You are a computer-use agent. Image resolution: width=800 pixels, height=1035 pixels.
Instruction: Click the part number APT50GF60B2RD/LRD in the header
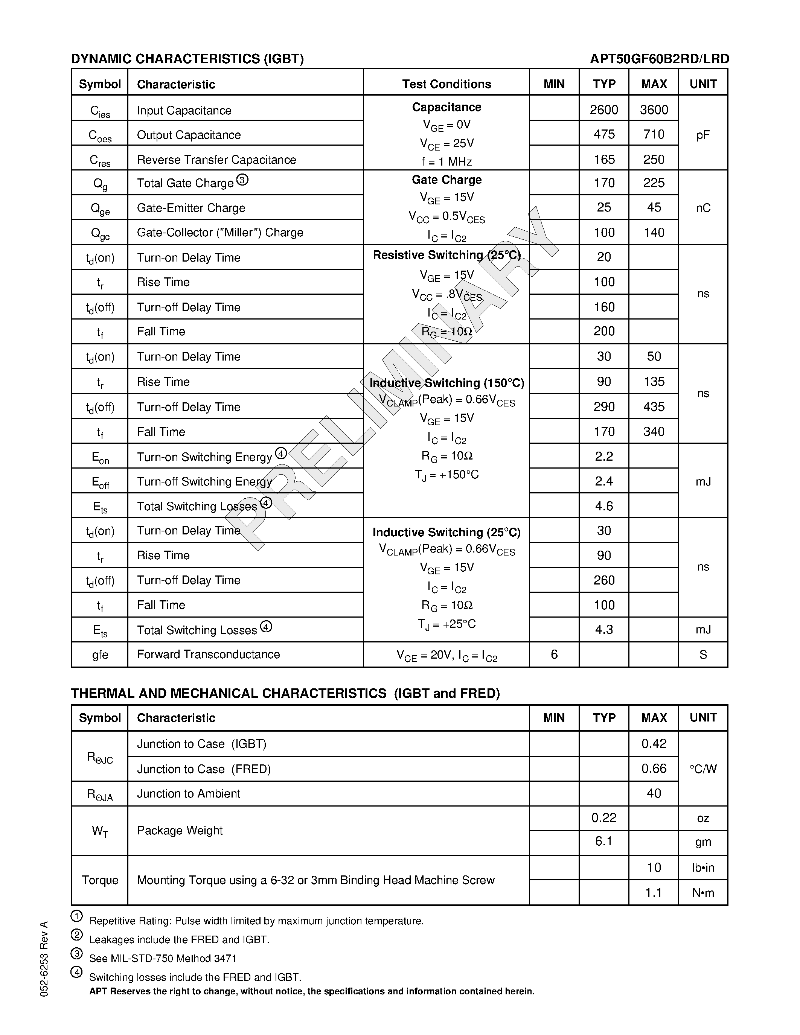point(659,59)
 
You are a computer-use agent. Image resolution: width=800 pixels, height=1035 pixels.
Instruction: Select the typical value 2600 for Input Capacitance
point(603,110)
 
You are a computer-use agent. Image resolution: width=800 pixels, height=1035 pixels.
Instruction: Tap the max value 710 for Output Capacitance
point(654,135)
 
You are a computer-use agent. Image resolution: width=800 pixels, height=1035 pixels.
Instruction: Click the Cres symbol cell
point(100,160)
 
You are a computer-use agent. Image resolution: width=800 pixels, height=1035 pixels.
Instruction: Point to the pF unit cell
point(703,135)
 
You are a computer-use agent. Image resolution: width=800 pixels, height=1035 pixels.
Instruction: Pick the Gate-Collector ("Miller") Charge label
point(220,232)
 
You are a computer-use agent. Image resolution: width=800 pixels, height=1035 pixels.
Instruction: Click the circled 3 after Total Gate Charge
point(242,180)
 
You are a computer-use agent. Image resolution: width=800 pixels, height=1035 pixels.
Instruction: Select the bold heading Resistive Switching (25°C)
point(446,255)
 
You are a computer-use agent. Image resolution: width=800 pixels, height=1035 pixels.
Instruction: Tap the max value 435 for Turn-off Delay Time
point(654,406)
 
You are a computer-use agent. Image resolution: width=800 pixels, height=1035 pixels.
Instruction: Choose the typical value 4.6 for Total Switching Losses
point(604,506)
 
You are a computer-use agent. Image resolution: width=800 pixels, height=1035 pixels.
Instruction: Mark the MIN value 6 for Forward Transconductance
point(554,654)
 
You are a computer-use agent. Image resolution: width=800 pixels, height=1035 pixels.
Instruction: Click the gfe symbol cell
point(100,655)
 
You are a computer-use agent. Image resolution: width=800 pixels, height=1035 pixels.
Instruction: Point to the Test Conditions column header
point(446,84)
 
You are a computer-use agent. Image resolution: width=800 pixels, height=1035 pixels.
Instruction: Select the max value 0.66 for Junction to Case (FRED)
point(654,768)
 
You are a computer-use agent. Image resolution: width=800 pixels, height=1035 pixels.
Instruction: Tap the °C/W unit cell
point(703,769)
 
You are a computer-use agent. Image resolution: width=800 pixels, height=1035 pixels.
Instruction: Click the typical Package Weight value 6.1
point(604,841)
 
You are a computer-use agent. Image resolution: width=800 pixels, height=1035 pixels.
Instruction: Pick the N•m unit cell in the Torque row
point(703,893)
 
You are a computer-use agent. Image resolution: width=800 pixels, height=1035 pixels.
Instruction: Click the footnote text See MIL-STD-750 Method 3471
point(163,958)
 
